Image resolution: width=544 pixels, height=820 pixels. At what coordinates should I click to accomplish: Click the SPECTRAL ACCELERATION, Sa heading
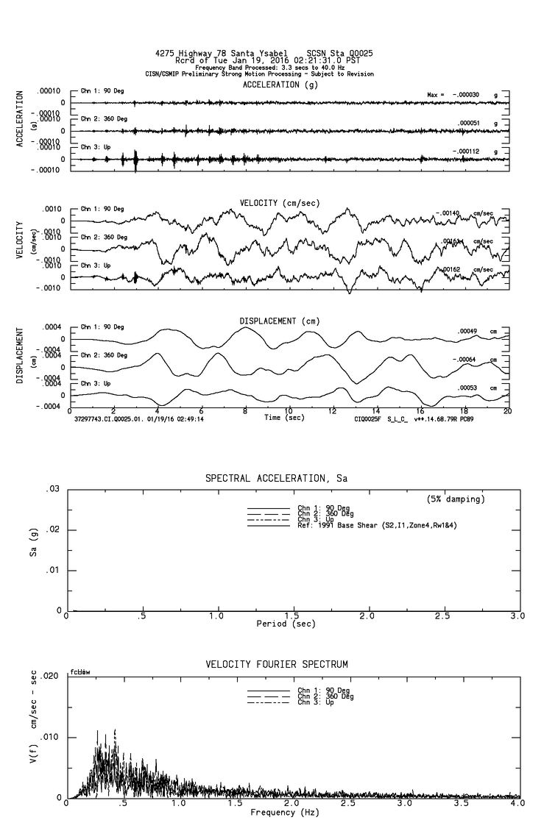(x=276, y=479)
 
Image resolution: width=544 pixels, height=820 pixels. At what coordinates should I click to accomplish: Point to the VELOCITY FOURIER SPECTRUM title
(x=277, y=665)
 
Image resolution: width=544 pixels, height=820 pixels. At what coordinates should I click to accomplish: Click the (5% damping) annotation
(x=456, y=499)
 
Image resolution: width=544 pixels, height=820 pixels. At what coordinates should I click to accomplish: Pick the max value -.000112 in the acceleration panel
(x=467, y=151)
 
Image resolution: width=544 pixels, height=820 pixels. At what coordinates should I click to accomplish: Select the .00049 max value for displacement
(x=468, y=331)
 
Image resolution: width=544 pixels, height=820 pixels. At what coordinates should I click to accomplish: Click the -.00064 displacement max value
(x=467, y=359)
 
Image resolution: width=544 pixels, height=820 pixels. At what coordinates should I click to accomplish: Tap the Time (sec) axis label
(x=286, y=417)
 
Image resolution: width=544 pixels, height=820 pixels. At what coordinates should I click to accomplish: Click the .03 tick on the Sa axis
(x=52, y=489)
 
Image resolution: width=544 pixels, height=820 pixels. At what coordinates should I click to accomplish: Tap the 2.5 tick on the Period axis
(x=442, y=616)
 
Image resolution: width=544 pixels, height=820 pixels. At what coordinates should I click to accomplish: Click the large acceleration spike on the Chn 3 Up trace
(x=135, y=160)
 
